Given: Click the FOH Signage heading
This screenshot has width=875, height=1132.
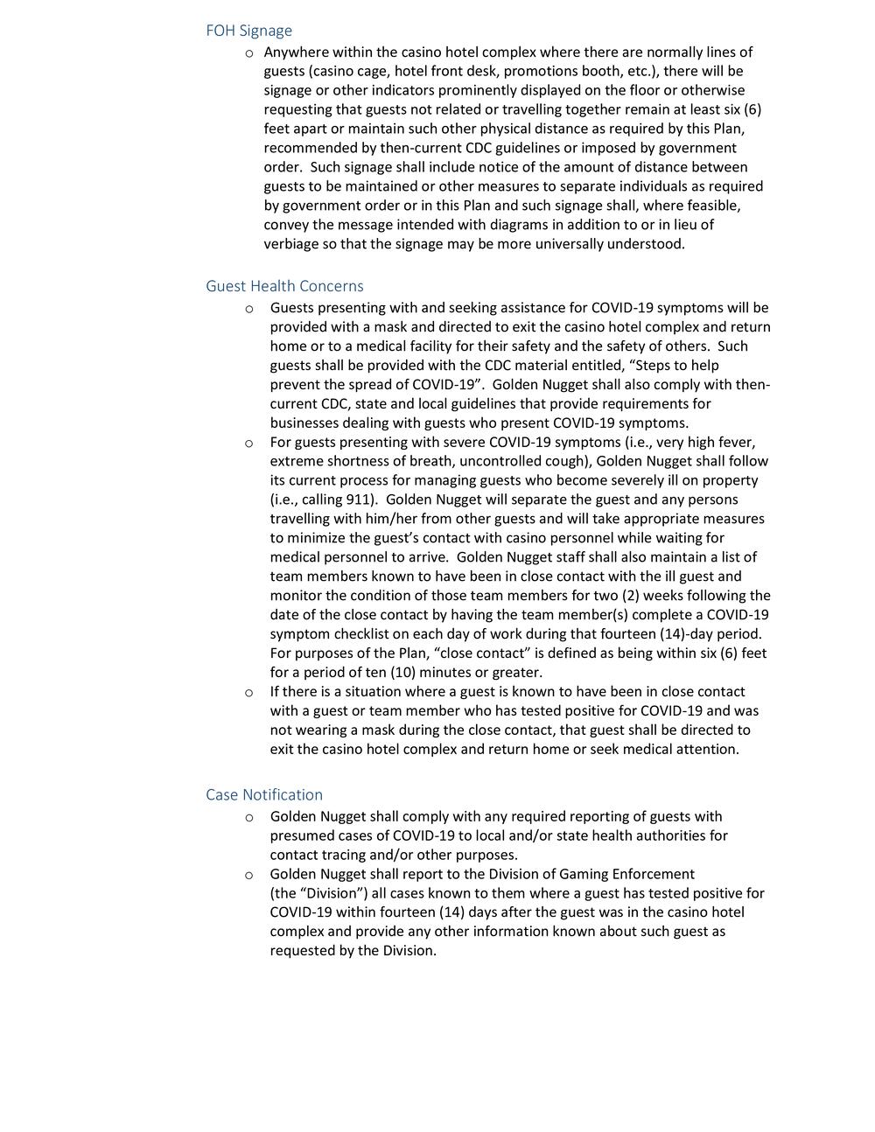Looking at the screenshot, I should point(248,31).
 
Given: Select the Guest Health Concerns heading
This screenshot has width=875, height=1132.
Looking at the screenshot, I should point(284,286).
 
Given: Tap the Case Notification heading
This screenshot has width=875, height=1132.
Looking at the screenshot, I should point(263,794).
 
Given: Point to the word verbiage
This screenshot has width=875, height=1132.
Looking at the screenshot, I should point(291,244).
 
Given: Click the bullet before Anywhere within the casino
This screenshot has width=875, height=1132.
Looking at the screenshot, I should point(250,52).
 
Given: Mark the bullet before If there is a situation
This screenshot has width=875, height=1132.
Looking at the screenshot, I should point(250,692).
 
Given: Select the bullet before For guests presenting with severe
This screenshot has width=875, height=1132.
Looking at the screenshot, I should point(250,443).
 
